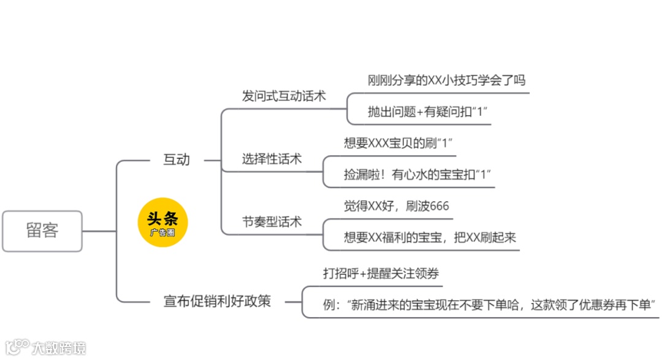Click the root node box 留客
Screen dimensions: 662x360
click(x=42, y=231)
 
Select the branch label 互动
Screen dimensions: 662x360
click(x=176, y=160)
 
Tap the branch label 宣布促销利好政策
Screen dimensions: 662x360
click(x=217, y=301)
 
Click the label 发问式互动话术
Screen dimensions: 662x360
click(x=284, y=96)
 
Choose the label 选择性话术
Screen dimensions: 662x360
click(x=272, y=159)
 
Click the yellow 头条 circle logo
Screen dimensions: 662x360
click(x=162, y=223)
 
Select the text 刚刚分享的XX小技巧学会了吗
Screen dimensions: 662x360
click(x=446, y=80)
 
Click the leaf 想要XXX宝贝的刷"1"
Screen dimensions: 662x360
click(x=398, y=143)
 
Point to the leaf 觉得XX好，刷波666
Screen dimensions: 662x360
click(x=397, y=206)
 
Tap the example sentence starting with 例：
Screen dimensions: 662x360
click(x=490, y=304)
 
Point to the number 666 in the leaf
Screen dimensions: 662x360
click(x=439, y=206)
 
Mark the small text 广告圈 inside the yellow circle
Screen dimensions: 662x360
click(x=162, y=233)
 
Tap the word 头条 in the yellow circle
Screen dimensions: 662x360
click(x=162, y=219)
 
